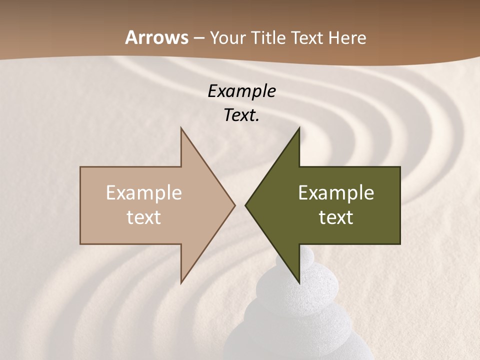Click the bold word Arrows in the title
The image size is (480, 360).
pos(156,37)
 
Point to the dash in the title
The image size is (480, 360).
pos(199,38)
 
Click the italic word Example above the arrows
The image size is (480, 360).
pos(241,91)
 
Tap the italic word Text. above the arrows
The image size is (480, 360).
pos(241,115)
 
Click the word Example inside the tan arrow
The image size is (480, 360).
pos(144,193)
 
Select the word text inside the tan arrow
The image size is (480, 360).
pos(144,217)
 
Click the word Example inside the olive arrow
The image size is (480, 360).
pos(336,193)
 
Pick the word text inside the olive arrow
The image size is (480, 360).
pos(336,217)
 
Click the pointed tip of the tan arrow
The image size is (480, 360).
pos(235,205)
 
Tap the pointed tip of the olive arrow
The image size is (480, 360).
pos(245,205)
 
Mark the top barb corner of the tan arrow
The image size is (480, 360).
pos(181,128)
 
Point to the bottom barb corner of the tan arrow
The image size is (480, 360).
pos(181,283)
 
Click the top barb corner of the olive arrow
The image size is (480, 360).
pos(299,128)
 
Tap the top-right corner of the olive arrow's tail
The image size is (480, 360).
pos(400,167)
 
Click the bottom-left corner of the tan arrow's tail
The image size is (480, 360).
pos(80,243)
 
